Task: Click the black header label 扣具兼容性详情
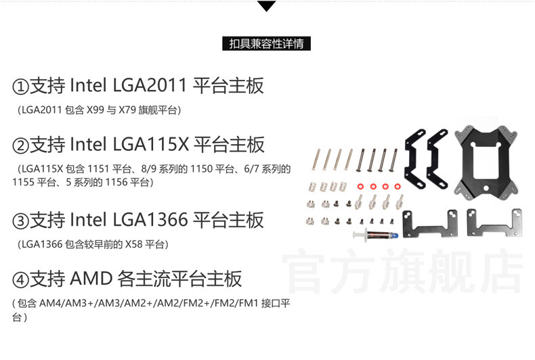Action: (x=267, y=45)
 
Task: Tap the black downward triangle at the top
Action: (x=267, y=7)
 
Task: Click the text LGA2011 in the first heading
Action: (x=150, y=87)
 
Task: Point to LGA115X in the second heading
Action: (x=150, y=145)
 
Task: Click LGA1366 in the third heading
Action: (x=150, y=221)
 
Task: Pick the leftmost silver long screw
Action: (x=318, y=160)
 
